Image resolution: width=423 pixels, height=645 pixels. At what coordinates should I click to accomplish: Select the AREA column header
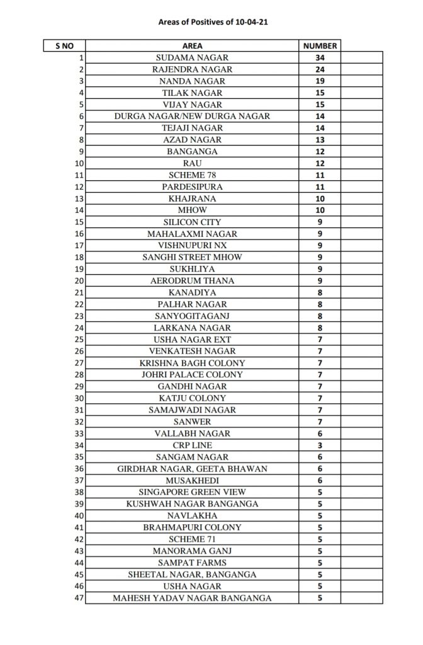point(192,46)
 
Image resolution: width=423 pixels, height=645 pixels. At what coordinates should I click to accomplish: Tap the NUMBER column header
point(320,46)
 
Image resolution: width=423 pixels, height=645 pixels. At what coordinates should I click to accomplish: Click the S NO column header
point(64,46)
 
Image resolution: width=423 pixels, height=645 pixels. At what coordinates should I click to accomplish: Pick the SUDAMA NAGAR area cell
point(192,57)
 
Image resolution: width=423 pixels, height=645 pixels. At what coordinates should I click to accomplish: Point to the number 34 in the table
point(320,57)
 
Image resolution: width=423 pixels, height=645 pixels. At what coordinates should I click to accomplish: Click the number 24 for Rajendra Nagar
point(320,69)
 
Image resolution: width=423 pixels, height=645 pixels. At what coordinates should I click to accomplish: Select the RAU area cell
point(192,163)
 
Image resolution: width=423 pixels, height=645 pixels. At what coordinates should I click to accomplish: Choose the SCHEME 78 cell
point(192,175)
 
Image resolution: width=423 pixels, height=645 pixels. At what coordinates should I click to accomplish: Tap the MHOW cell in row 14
point(192,210)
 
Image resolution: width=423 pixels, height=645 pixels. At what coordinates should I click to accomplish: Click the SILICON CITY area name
point(192,222)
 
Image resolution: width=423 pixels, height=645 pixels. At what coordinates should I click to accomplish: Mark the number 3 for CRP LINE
point(320,445)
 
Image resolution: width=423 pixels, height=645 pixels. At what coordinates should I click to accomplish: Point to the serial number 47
point(79,598)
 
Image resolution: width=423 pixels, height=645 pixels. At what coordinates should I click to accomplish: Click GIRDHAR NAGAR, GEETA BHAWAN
point(192,469)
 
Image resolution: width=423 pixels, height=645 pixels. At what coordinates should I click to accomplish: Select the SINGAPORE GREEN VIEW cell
point(192,492)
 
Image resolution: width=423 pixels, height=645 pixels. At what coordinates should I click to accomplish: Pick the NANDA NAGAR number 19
point(320,81)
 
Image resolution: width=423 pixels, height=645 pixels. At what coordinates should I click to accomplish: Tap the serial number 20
point(79,281)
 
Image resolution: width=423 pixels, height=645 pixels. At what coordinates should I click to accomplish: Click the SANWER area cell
point(192,421)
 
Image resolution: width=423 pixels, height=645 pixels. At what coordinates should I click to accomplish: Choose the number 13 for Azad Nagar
point(320,140)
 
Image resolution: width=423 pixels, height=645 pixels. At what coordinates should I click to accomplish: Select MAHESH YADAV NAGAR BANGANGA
point(192,598)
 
